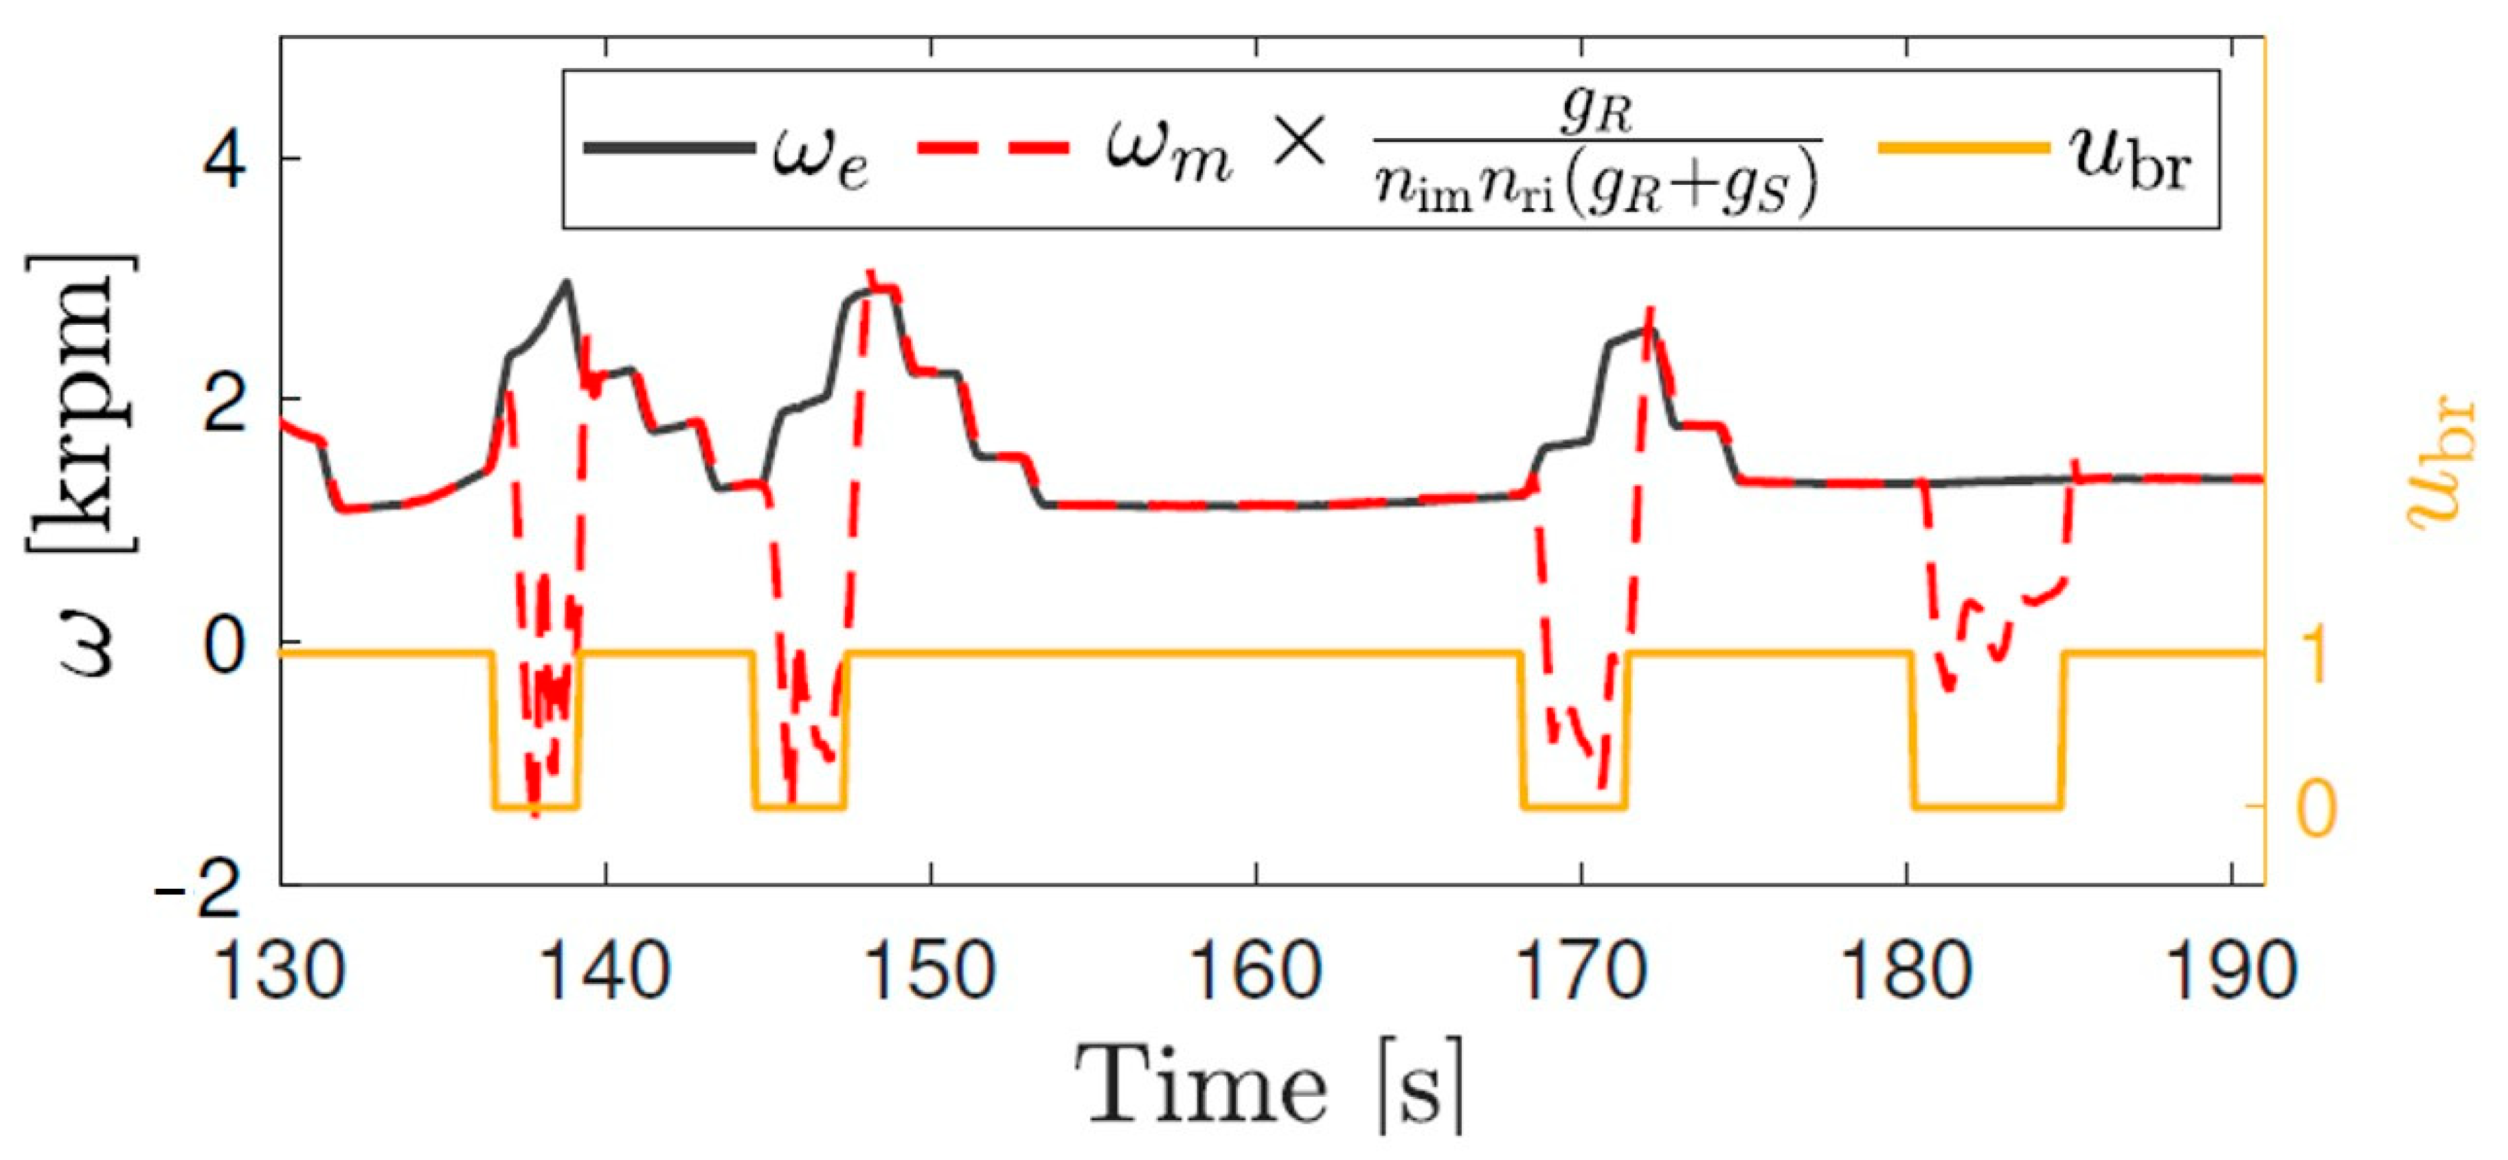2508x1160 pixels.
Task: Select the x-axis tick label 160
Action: point(1256,970)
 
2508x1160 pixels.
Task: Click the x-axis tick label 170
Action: point(1581,970)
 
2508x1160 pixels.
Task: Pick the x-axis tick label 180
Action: point(1906,970)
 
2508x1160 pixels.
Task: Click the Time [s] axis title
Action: point(1271,1087)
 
